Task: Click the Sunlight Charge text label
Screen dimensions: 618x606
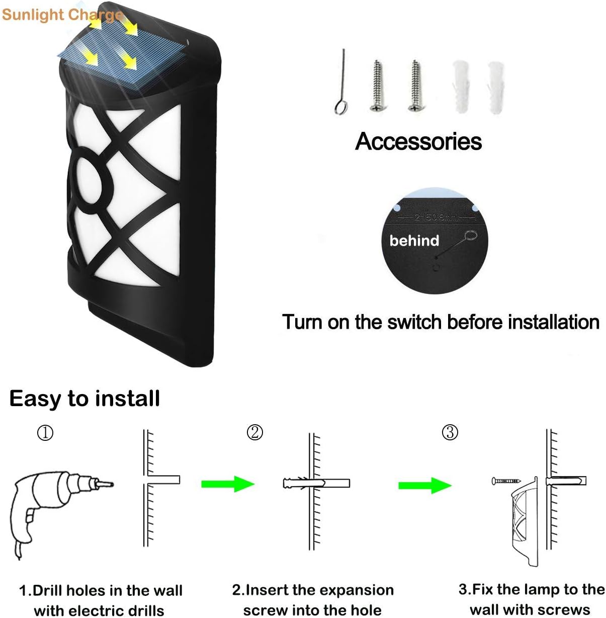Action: tap(61, 15)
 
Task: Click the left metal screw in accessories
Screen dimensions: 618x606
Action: tap(377, 86)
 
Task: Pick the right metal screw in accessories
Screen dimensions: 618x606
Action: tap(415, 86)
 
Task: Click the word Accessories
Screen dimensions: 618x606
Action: tap(418, 141)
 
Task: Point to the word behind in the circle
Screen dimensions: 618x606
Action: tap(414, 241)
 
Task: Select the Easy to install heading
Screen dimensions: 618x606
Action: tap(84, 399)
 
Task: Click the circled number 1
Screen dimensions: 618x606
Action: tap(45, 433)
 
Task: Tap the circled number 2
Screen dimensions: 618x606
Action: tap(255, 432)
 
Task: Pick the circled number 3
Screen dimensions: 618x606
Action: tap(450, 432)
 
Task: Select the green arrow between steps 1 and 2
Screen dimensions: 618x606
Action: tap(227, 484)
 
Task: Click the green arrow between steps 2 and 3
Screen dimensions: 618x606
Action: tap(424, 485)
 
